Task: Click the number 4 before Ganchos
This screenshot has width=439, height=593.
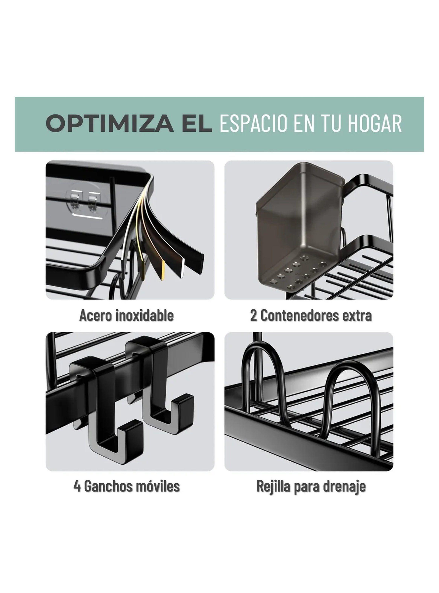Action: (77, 486)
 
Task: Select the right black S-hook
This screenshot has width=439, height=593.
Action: (160, 385)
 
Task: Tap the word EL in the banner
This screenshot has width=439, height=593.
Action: (197, 124)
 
